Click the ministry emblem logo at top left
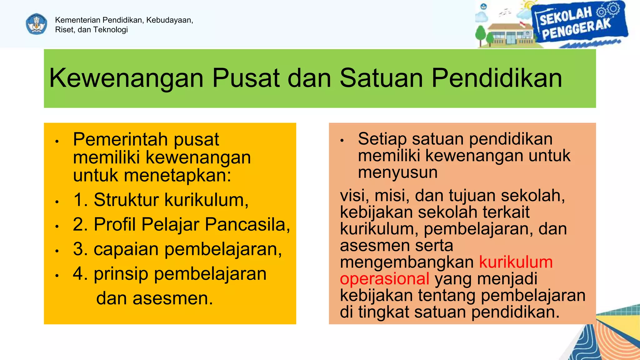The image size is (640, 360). point(37,24)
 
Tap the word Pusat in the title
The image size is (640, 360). point(246,78)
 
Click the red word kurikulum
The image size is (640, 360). point(516,262)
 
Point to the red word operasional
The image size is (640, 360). point(384,279)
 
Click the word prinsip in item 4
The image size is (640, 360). point(121,274)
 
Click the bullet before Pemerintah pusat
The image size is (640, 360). point(57,142)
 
